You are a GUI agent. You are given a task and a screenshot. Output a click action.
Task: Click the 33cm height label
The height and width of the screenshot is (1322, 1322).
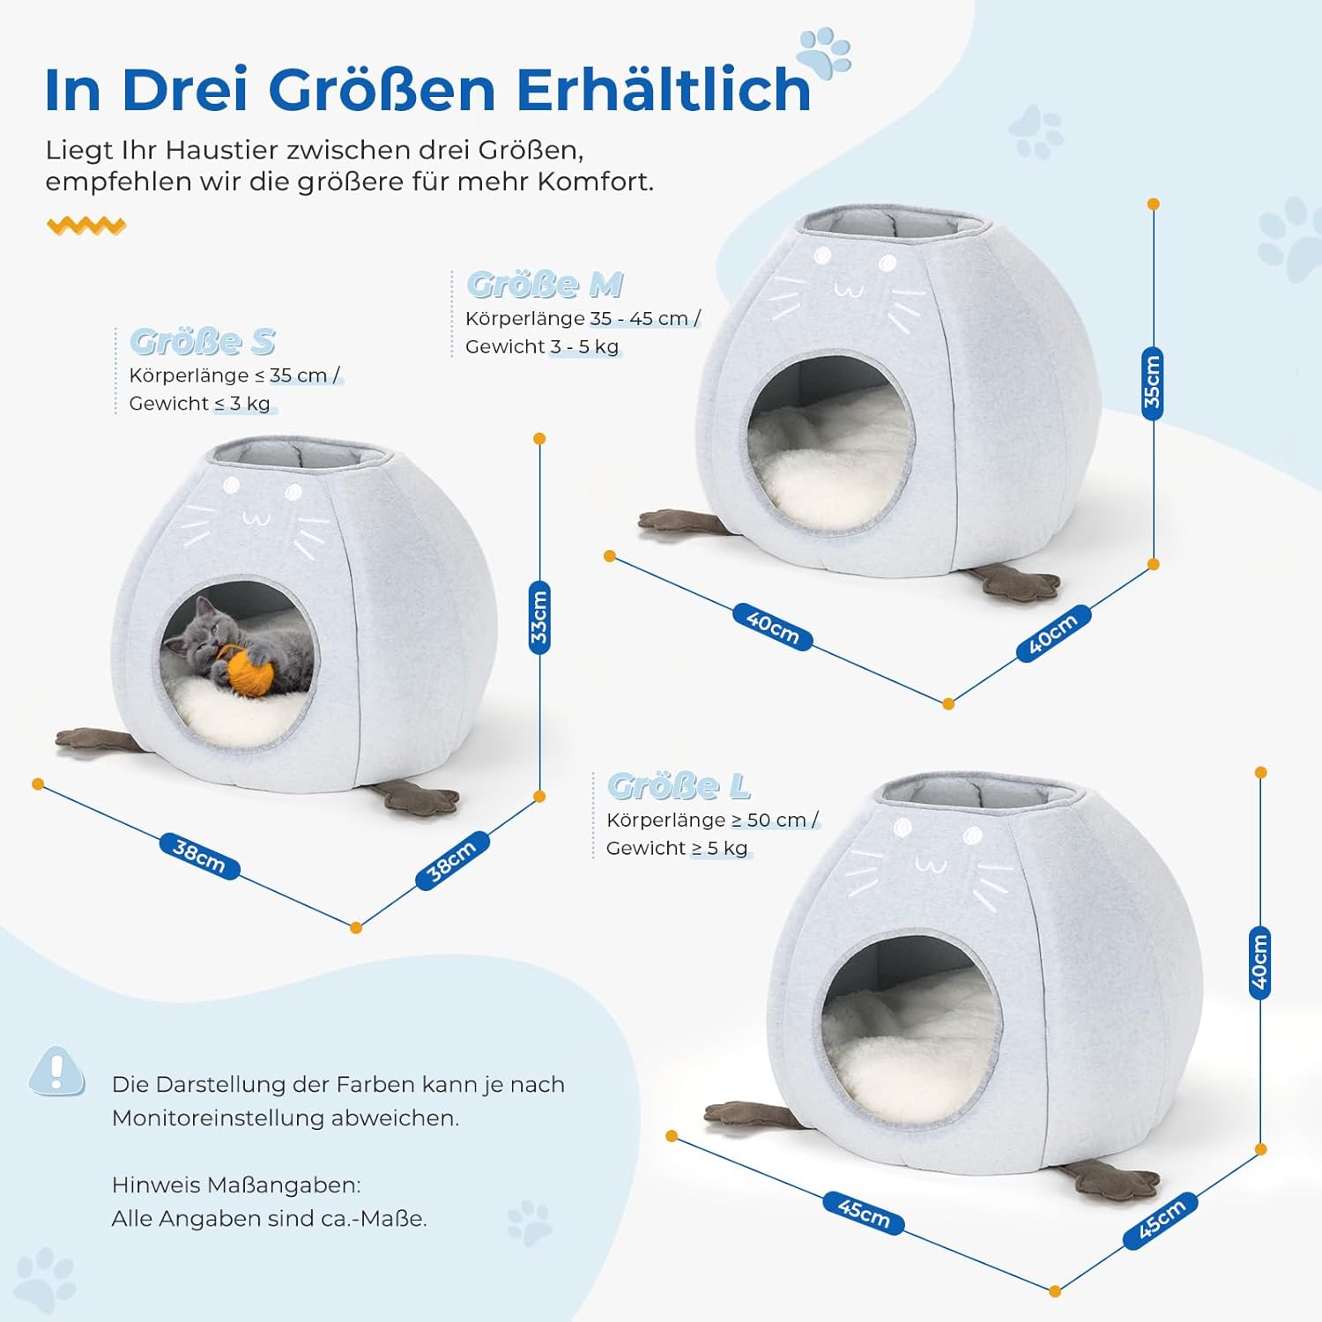539,617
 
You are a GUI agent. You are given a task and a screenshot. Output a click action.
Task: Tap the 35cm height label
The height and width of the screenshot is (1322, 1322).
1153,383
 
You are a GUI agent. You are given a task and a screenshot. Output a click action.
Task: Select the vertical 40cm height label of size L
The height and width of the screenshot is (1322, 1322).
1260,962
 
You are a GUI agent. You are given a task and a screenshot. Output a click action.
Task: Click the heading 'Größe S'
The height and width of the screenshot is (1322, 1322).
203,341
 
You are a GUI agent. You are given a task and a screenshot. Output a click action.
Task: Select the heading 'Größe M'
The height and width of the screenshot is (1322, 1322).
545,285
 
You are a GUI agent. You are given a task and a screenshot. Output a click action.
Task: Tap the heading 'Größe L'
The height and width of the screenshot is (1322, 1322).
679,785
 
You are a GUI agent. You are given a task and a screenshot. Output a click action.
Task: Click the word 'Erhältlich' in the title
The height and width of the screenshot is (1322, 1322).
663,90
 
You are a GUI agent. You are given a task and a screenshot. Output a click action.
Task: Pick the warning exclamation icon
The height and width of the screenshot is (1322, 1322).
57,1072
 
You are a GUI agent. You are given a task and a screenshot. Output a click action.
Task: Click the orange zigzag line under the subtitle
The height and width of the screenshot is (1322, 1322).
86,226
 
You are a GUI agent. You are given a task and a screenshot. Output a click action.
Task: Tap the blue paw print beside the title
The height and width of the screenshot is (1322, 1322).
825,53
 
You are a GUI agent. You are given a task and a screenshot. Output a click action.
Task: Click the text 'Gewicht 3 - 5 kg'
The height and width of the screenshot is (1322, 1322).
542,346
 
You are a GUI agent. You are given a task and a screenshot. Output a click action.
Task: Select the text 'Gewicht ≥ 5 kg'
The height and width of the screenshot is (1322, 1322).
677,848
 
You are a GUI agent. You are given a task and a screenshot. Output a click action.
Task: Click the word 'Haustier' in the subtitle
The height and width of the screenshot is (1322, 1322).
221,150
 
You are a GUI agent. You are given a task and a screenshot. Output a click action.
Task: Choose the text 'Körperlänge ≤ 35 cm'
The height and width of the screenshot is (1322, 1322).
228,375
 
